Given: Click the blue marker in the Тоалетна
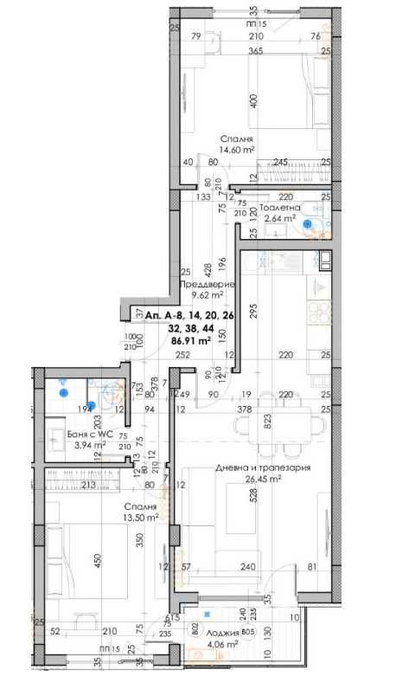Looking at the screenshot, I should [x=307, y=221].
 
